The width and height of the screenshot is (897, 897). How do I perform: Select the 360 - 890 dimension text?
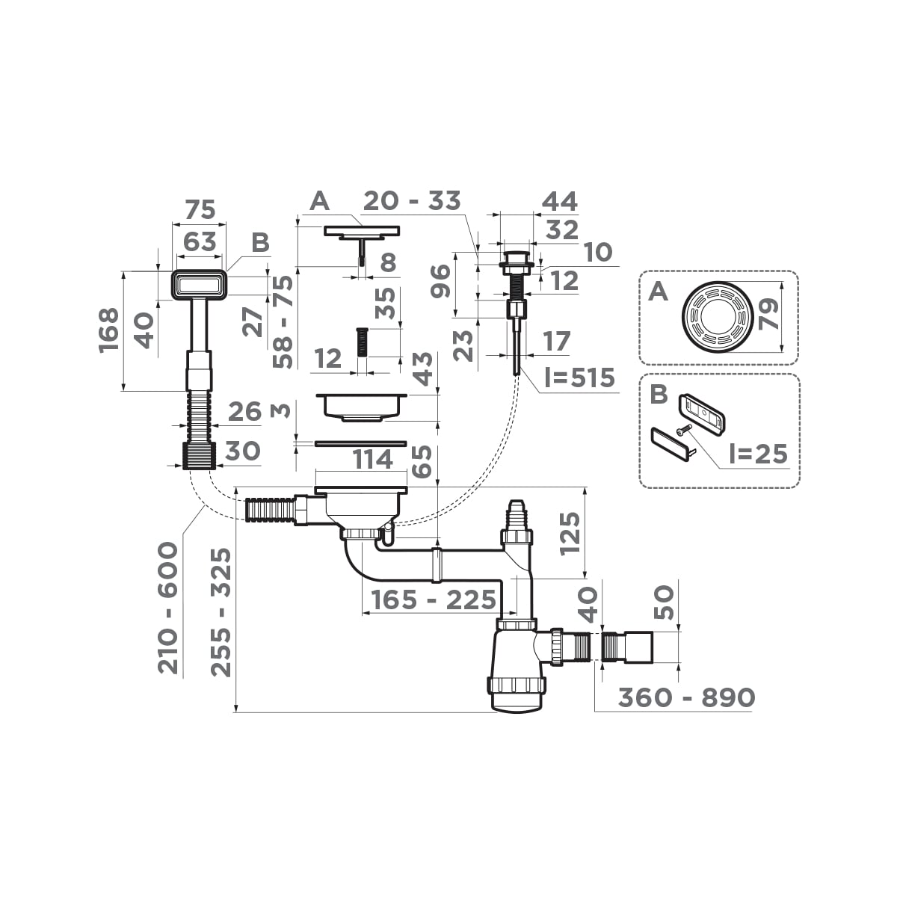tap(686, 697)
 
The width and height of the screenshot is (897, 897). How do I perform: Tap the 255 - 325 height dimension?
tap(221, 612)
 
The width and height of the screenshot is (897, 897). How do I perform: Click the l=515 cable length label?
tap(579, 378)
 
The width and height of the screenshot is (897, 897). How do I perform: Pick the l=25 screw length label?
tap(758, 454)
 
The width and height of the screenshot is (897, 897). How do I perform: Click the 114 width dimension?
tap(372, 460)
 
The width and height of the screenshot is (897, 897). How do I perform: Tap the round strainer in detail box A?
tap(716, 316)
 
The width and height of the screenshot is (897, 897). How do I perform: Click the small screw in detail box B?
tap(684, 430)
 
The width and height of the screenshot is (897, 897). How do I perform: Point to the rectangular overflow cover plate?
tap(199, 285)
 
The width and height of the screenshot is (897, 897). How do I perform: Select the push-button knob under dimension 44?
tap(515, 259)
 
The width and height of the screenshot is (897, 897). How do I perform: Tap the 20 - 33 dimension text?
tap(412, 201)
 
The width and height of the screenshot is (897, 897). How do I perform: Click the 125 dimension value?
tap(570, 533)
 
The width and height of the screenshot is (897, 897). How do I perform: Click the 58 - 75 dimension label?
tap(283, 321)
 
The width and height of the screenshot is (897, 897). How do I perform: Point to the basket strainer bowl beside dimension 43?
tap(362, 404)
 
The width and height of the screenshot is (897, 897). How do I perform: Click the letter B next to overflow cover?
tap(260, 243)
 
